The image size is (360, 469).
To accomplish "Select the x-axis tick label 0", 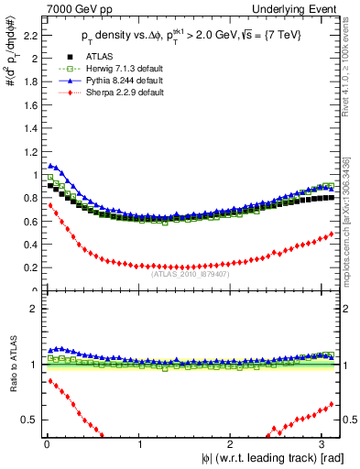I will point(47,446).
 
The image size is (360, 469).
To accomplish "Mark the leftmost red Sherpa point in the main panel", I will point(50,205).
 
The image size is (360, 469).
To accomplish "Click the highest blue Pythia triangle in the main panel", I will point(50,165).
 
